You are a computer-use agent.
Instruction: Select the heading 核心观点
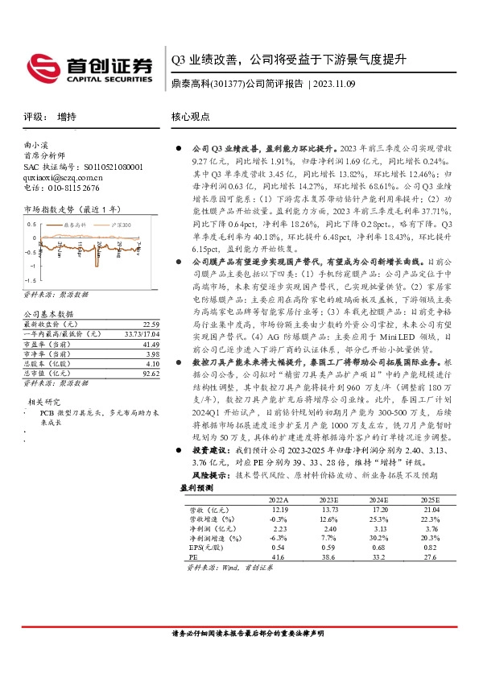190,116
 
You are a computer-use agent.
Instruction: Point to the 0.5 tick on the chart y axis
31,224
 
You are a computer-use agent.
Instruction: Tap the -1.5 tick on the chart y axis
30,263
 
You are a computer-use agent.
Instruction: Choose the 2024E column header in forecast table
379,500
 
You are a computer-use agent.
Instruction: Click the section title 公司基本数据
48,313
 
